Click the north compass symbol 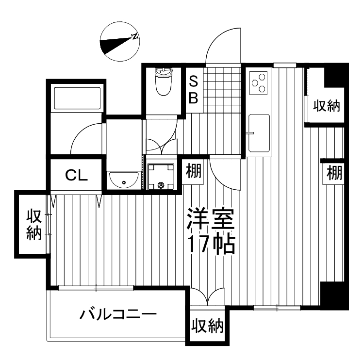[119, 43]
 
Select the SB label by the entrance [193, 89]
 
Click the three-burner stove [259, 82]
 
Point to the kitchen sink [259, 133]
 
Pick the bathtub [77, 97]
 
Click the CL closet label [76, 175]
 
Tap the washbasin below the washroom [124, 180]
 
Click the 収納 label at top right [326, 105]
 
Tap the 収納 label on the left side [33, 224]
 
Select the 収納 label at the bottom [207, 326]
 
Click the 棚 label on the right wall [334, 172]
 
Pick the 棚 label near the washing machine [194, 171]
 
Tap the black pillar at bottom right [334, 296]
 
